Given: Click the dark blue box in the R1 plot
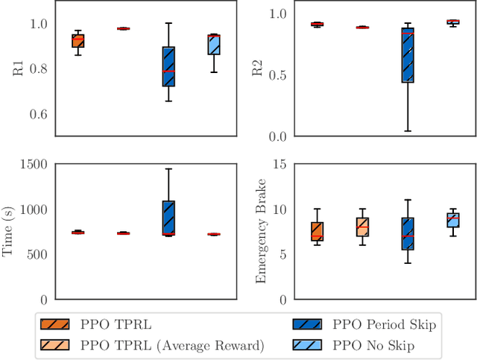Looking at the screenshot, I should tap(168, 66).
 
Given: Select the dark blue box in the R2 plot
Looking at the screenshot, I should tap(408, 55).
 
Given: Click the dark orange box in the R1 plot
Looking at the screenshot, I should tap(78, 41).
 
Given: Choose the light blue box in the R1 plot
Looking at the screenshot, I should tap(214, 44).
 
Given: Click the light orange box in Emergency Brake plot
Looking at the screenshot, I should tap(362, 227).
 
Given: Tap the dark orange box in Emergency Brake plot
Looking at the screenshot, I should tap(317, 231).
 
